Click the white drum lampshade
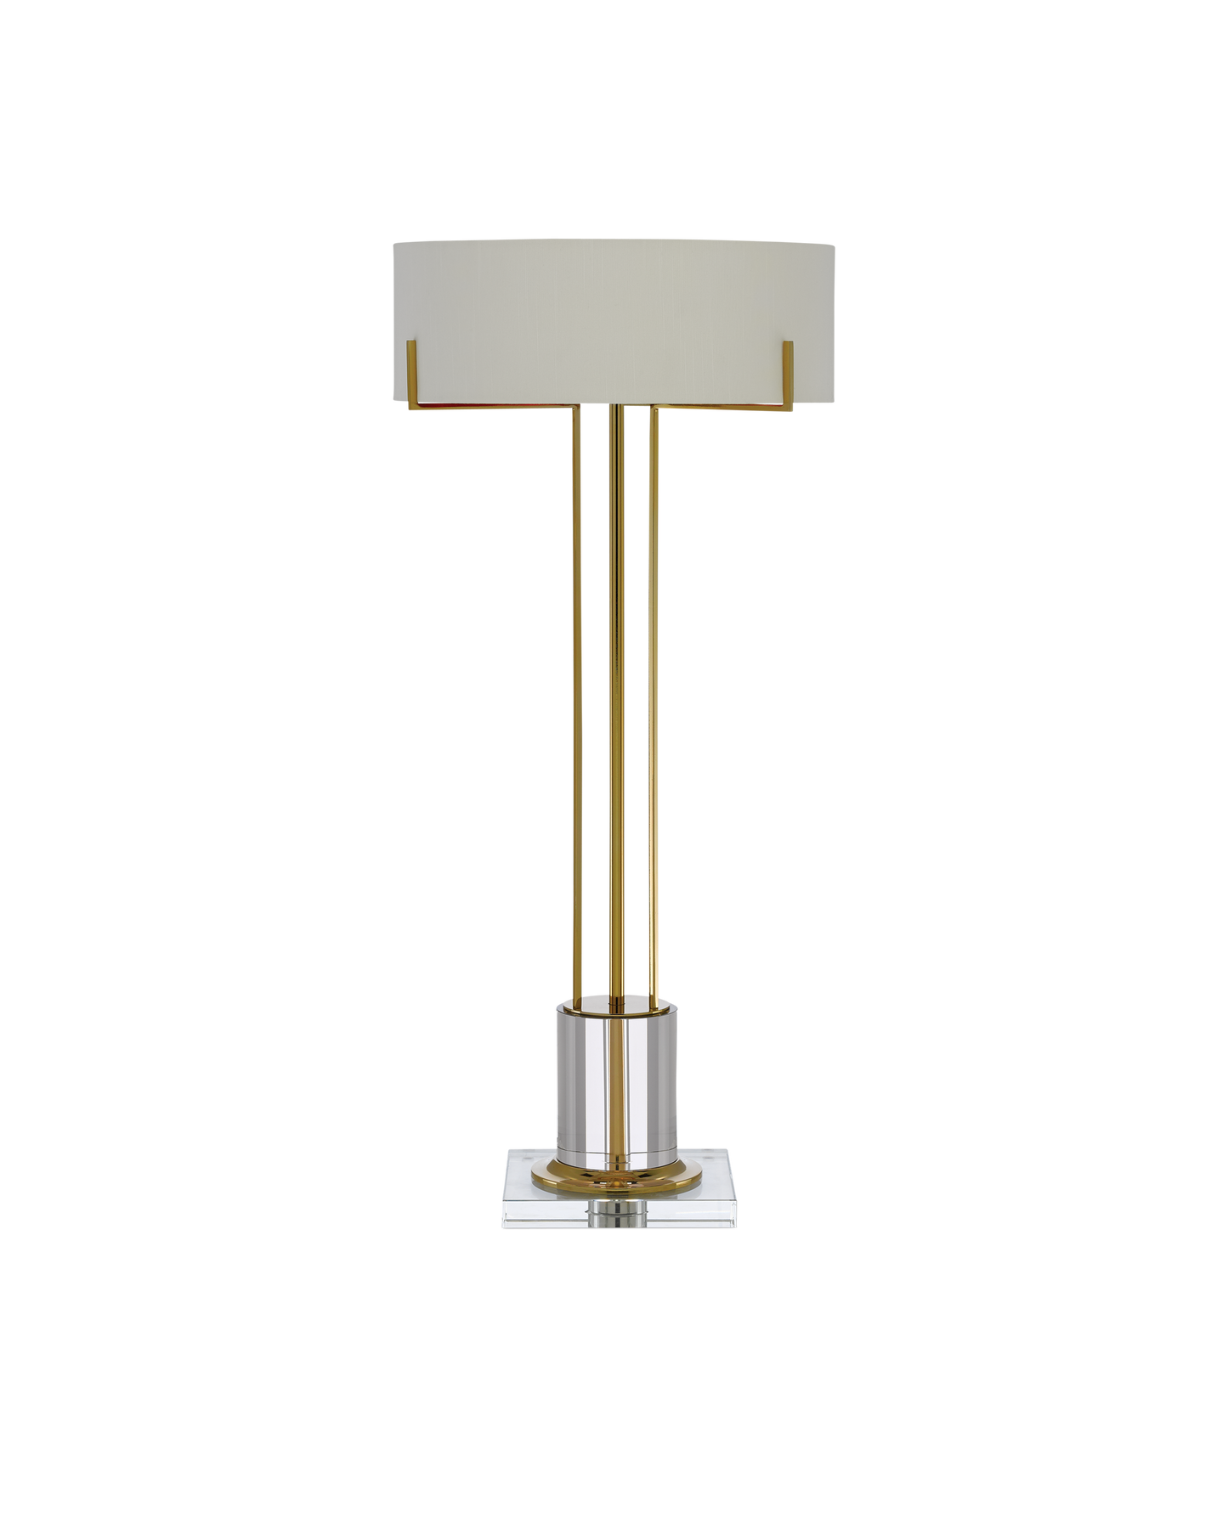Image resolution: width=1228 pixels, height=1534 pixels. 614,289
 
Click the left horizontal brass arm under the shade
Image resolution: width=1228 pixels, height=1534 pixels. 493,409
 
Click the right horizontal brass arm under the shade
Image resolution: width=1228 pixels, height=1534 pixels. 722,409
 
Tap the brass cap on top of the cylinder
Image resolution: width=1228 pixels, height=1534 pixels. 616,1008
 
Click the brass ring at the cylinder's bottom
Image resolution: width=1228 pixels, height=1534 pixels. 617,1172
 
